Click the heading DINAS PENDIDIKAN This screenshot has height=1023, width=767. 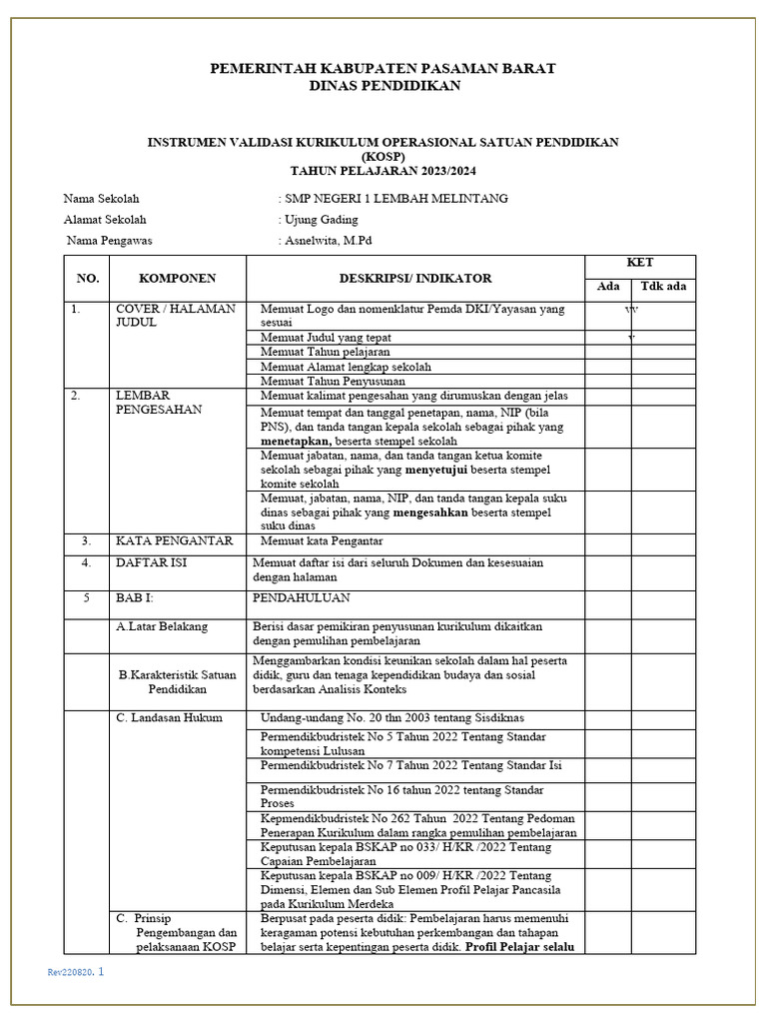(383, 86)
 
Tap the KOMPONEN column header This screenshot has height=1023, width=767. (177, 278)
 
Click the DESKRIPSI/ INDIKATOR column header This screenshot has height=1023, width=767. (414, 278)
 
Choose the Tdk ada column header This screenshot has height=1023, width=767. (663, 287)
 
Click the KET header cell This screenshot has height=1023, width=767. (639, 263)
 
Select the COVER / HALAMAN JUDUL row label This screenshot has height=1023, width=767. (176, 316)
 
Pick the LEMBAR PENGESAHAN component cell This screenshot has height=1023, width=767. (159, 402)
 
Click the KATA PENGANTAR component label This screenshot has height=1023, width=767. (174, 540)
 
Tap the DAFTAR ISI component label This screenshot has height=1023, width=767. (151, 562)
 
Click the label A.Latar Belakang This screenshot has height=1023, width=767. (162, 626)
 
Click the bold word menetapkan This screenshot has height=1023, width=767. (297, 441)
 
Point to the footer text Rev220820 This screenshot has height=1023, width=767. (69, 972)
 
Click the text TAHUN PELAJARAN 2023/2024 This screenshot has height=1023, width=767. (383, 171)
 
